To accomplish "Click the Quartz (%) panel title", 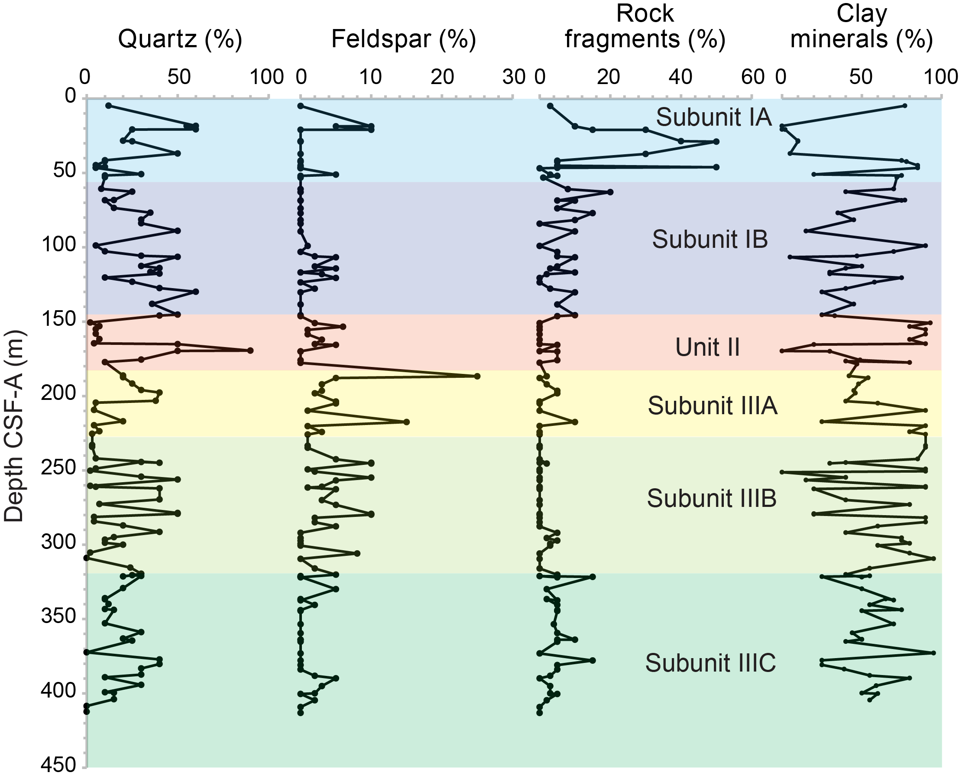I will tap(180, 39).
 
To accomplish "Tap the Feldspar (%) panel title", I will tap(403, 39).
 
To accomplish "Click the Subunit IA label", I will tap(714, 117).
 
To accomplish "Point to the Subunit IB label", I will tap(710, 239).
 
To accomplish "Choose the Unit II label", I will tap(707, 348).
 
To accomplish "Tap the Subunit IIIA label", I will tap(712, 406).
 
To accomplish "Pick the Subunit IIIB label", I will tap(711, 499).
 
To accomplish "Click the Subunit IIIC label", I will tap(710, 663).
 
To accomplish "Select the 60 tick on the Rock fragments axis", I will tap(753, 77).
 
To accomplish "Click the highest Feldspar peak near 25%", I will tap(477, 376).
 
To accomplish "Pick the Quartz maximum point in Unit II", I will tap(250, 351).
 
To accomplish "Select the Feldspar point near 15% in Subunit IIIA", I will tap(406, 422).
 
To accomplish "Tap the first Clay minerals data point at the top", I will tap(904, 106).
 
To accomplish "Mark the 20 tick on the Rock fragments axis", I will tap(609, 77).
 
